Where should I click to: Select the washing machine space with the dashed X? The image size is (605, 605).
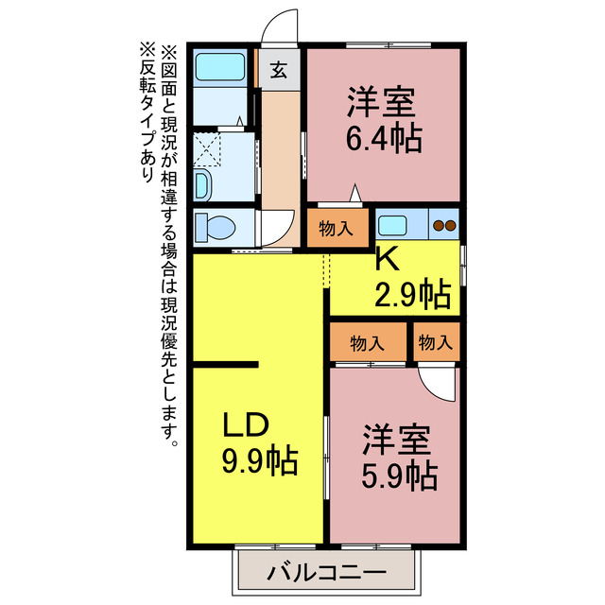(208, 148)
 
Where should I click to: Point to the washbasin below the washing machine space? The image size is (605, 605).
(204, 184)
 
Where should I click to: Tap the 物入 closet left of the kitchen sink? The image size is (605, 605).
(337, 228)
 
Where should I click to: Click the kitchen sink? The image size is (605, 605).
(392, 225)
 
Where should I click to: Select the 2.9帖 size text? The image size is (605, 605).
(413, 295)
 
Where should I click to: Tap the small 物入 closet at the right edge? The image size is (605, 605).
(436, 342)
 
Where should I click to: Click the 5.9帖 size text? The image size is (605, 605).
(398, 475)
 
